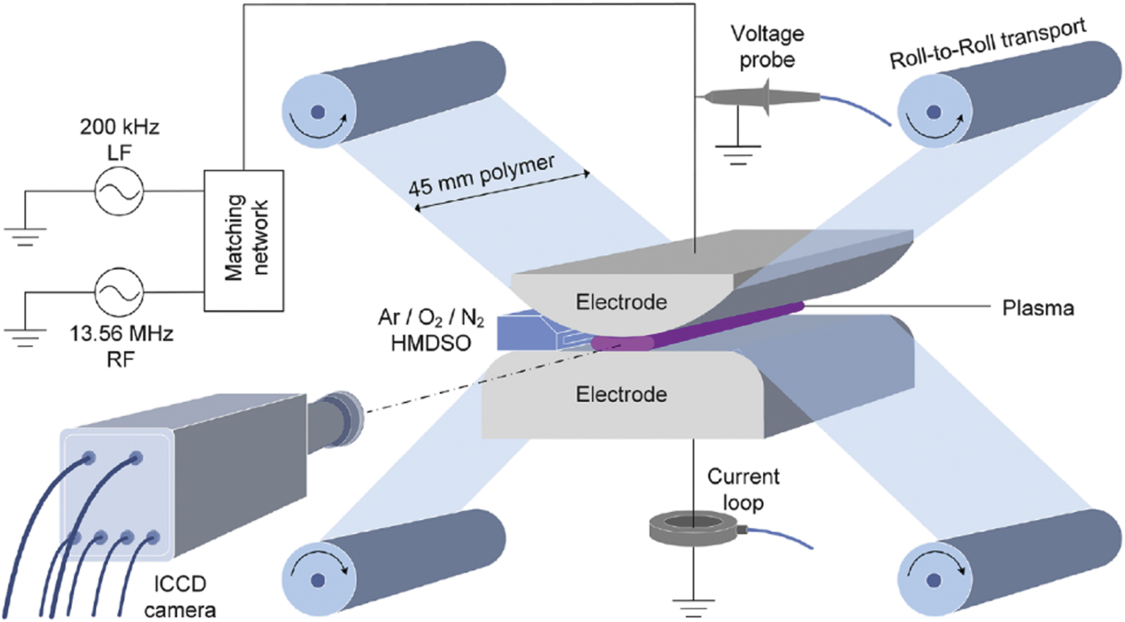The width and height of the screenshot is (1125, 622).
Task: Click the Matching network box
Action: pyautogui.click(x=244, y=240)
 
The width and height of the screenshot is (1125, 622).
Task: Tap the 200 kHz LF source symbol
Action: pyautogui.click(x=119, y=190)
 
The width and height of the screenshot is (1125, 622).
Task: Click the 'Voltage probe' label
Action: pyautogui.click(x=766, y=47)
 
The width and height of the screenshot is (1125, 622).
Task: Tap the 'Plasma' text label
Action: pyautogui.click(x=1037, y=308)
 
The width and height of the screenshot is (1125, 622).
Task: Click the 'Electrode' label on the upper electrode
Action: pyautogui.click(x=621, y=303)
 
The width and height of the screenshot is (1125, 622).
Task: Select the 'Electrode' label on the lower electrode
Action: pyautogui.click(x=621, y=394)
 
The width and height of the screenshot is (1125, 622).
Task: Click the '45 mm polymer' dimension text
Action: pyautogui.click(x=481, y=175)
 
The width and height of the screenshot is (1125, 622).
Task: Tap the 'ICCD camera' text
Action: pyautogui.click(x=180, y=597)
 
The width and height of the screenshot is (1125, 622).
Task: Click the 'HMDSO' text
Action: pyautogui.click(x=430, y=343)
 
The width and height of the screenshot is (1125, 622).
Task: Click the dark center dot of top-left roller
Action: pyautogui.click(x=318, y=111)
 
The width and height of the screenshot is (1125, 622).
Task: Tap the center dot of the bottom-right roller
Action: pyautogui.click(x=934, y=580)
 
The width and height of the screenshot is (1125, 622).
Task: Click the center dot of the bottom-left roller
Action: pyautogui.click(x=318, y=580)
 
